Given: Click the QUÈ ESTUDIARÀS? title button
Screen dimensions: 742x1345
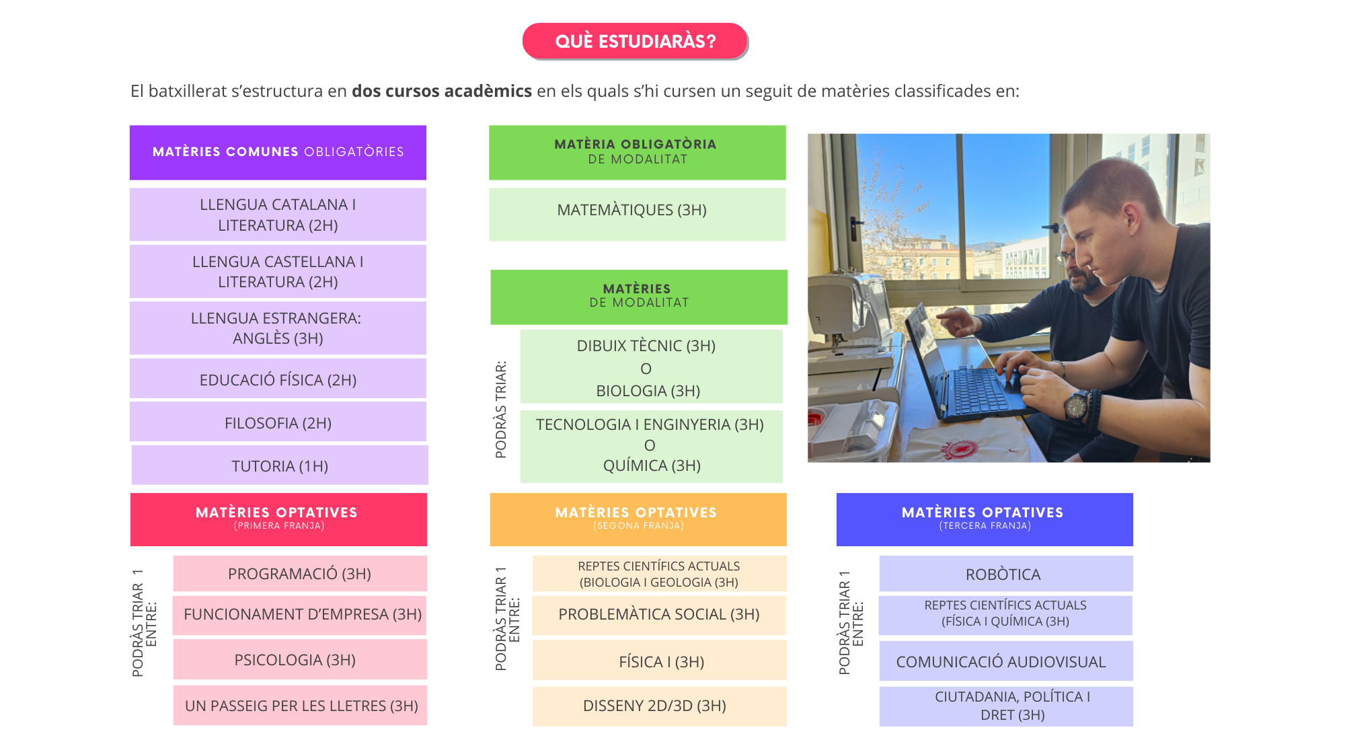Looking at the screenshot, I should pyautogui.click(x=635, y=41).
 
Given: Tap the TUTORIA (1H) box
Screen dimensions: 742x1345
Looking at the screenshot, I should pyautogui.click(x=280, y=466).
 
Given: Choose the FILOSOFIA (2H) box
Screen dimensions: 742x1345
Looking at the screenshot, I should pyautogui.click(x=278, y=422).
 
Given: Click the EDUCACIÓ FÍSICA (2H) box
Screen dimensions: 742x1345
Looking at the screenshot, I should pyautogui.click(x=278, y=379).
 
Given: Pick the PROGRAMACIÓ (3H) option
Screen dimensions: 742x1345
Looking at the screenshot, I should pyautogui.click(x=300, y=574).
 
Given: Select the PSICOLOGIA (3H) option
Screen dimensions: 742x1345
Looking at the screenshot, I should pyautogui.click(x=300, y=659).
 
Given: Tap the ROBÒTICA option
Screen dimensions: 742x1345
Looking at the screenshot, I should pyautogui.click(x=1005, y=574).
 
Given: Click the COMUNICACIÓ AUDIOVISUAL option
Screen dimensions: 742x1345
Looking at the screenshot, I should pyautogui.click(x=1005, y=661).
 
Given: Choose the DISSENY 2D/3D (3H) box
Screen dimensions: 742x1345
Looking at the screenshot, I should pyautogui.click(x=659, y=706).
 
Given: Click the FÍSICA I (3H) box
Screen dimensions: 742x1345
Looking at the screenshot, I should pyautogui.click(x=659, y=661).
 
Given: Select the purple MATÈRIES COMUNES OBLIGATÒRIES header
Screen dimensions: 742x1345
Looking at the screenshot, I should pyautogui.click(x=278, y=152).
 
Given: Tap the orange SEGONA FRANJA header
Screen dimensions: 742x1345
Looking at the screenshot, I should pyautogui.click(x=638, y=519).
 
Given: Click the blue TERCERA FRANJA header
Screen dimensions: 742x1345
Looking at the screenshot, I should pyautogui.click(x=985, y=519).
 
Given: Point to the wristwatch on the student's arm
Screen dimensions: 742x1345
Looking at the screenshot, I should pyautogui.click(x=1075, y=405).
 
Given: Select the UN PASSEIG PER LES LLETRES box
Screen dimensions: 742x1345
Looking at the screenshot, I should pyautogui.click(x=300, y=706).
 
